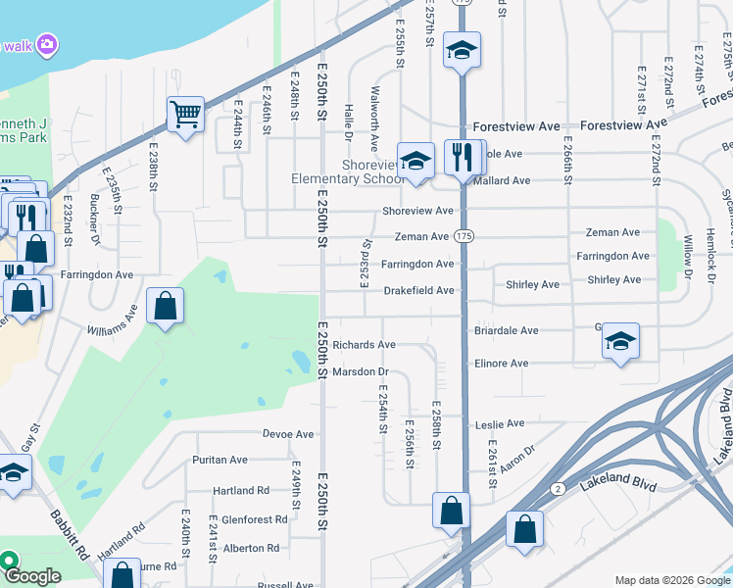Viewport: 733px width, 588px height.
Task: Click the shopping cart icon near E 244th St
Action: click(x=184, y=115)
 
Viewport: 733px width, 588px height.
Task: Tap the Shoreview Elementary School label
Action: click(x=347, y=171)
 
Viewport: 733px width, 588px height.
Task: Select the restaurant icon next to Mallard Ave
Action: click(x=463, y=157)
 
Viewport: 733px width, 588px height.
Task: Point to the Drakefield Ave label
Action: click(x=418, y=291)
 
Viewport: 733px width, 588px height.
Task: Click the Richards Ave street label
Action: click(x=364, y=345)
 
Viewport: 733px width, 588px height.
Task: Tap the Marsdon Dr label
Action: click(x=361, y=372)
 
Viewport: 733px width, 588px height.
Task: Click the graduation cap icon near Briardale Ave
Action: click(x=620, y=341)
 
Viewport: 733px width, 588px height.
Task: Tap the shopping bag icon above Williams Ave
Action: click(x=165, y=306)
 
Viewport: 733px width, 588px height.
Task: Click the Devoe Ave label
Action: click(x=288, y=434)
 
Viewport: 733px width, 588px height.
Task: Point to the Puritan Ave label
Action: click(x=220, y=460)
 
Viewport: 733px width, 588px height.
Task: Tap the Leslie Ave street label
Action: click(x=501, y=424)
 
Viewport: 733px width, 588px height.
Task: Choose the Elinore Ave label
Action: click(x=502, y=364)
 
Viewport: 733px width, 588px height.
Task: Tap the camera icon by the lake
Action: click(x=47, y=44)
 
